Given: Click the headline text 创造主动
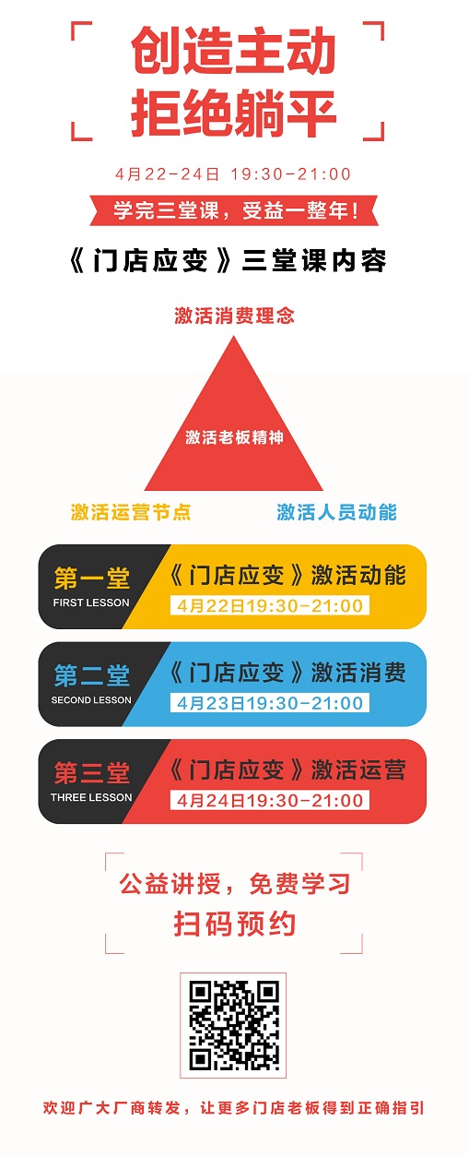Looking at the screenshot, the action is point(233,51).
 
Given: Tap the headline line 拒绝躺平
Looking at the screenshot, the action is point(233,113).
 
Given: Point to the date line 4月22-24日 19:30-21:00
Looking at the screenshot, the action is point(233,174).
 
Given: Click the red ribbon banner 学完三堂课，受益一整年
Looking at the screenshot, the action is point(234,210).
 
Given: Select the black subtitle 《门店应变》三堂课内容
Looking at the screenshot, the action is point(228,260).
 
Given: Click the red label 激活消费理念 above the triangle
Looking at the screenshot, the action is point(234,316).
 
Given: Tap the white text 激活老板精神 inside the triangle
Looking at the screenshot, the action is point(234,437).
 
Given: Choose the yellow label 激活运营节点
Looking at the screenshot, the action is point(131,512).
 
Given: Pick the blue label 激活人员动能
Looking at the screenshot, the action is point(336,512).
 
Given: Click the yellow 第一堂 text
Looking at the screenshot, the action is point(92,578).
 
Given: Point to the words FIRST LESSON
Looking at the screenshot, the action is point(91,602).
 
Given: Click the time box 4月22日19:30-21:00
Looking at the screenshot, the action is point(270,605).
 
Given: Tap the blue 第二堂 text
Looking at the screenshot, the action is point(92,675).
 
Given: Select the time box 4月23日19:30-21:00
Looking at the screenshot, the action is point(270,703).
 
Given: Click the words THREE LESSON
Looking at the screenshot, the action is point(91,797).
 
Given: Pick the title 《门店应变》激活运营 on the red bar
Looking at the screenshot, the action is point(287,769).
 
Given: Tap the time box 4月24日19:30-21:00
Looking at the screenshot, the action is point(270,800).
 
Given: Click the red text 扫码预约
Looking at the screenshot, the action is point(235,924).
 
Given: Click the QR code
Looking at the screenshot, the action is point(233,1025).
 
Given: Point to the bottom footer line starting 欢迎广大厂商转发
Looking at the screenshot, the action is point(234,1107).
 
